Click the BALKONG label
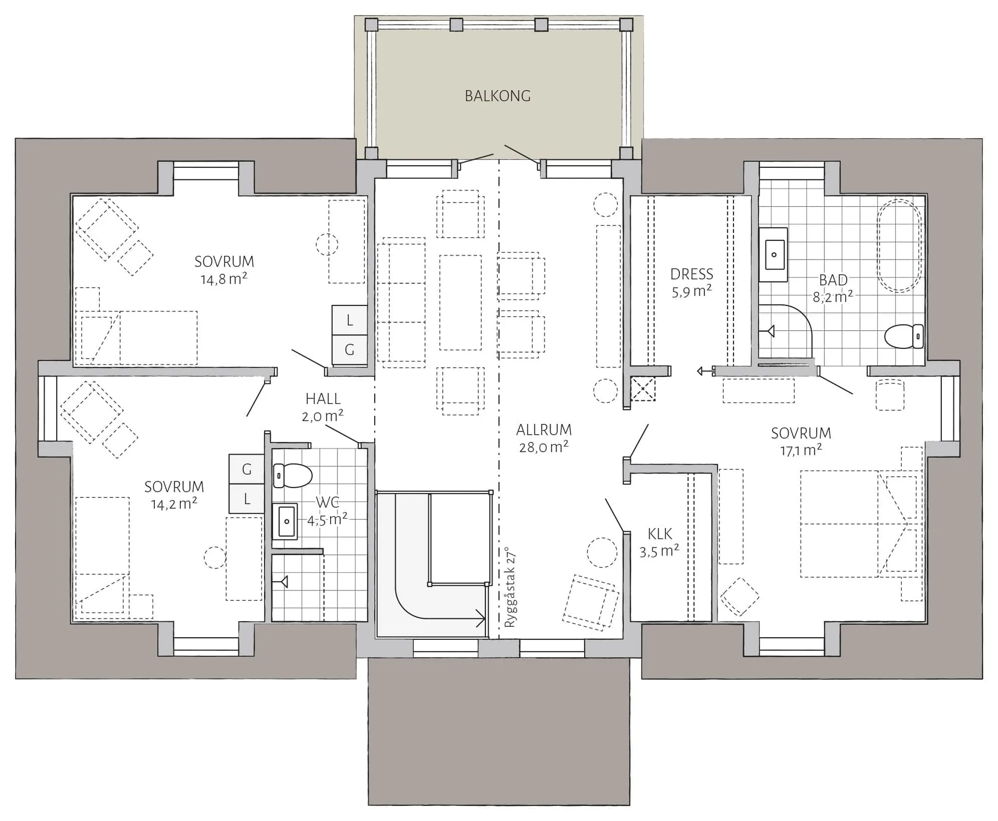[497, 96]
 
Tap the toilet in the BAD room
[904, 336]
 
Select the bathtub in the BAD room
[899, 246]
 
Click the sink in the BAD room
[773, 254]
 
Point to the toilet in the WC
[292, 475]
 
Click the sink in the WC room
[285, 521]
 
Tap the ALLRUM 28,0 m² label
[544, 438]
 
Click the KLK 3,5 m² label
[660, 542]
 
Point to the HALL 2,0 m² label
[323, 407]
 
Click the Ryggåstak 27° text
[510, 587]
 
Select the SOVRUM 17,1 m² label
[801, 441]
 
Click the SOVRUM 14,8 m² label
[224, 270]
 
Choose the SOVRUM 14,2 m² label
[174, 495]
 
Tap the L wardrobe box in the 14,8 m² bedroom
[349, 320]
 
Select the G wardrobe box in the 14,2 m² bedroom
[247, 469]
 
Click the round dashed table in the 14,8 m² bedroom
[327, 244]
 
